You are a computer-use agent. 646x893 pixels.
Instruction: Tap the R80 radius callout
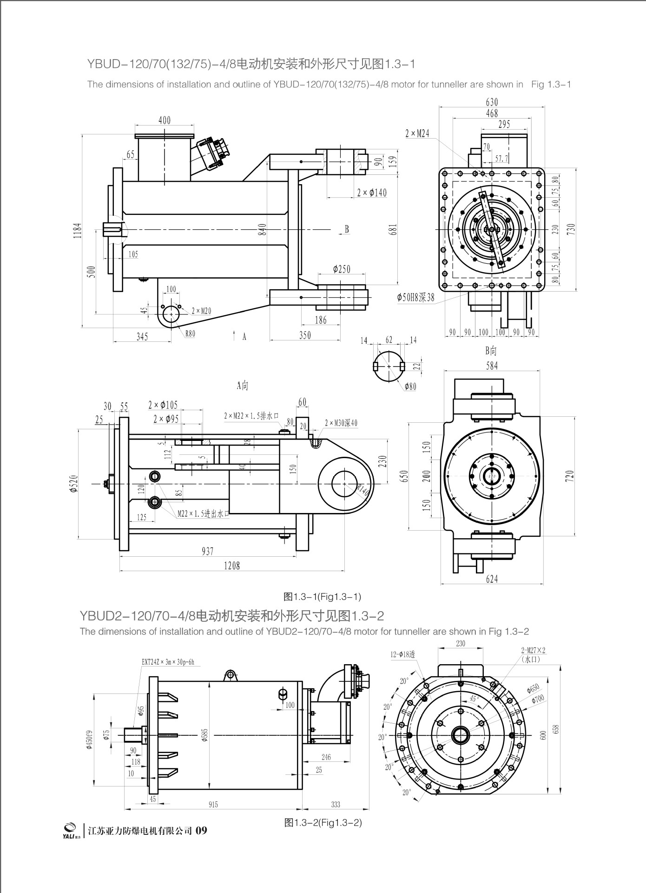[x=190, y=333]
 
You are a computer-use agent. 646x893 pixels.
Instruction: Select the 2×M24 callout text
[x=417, y=133]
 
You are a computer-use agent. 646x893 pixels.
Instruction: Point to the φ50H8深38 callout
[x=415, y=297]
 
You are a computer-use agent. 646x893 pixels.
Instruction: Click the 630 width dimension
[x=491, y=102]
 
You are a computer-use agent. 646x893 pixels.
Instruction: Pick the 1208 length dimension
[x=232, y=565]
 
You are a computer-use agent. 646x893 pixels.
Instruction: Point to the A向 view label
[x=243, y=386]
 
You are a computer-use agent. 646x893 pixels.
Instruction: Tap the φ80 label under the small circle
[x=410, y=386]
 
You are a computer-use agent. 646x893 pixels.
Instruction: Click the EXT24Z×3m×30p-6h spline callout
[x=168, y=662]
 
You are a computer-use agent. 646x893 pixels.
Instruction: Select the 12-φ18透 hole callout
[x=402, y=654]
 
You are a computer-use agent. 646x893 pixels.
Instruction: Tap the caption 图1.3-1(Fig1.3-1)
[x=323, y=596]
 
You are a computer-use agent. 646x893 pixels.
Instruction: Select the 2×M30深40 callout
[x=341, y=423]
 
